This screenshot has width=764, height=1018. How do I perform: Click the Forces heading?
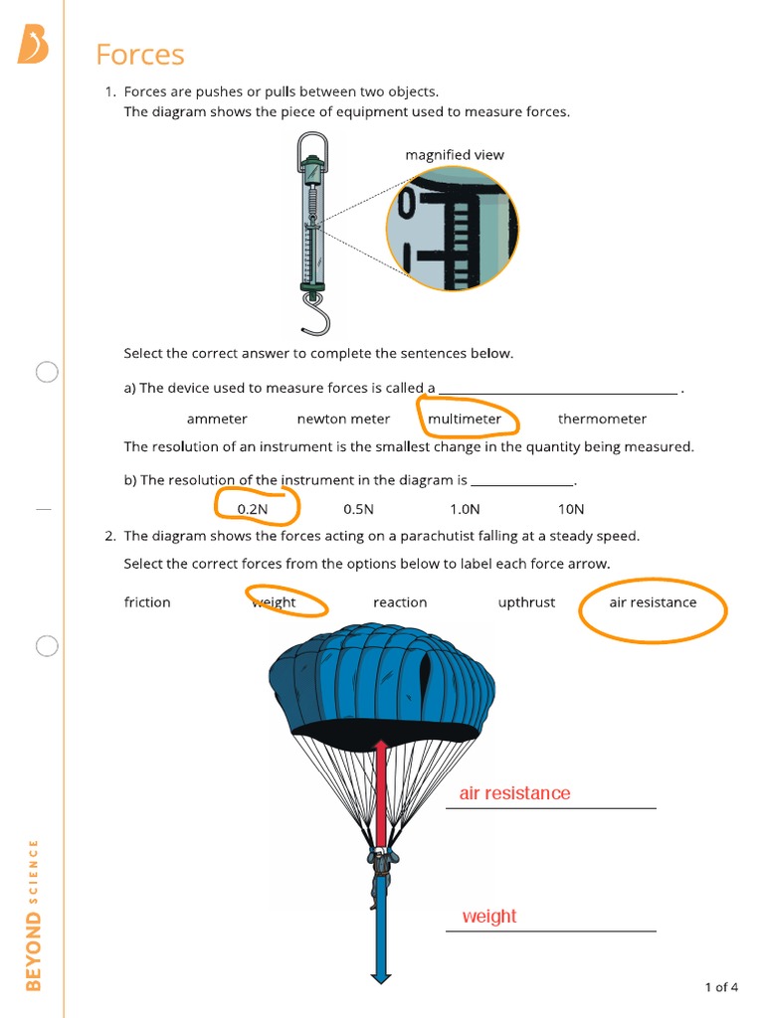pyautogui.click(x=140, y=55)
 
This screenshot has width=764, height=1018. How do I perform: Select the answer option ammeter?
pyautogui.click(x=217, y=420)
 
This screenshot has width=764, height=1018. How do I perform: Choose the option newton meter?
pyautogui.click(x=343, y=420)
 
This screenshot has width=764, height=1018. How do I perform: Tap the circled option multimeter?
pyautogui.click(x=465, y=420)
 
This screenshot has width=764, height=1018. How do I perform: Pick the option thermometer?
pyautogui.click(x=602, y=420)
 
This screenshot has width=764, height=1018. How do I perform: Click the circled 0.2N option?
pyautogui.click(x=253, y=509)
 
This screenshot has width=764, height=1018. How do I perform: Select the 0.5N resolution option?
pyautogui.click(x=358, y=509)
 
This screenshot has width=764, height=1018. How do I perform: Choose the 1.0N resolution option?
pyautogui.click(x=465, y=509)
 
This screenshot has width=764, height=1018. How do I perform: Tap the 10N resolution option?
pyautogui.click(x=571, y=509)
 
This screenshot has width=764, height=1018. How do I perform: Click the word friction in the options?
pyautogui.click(x=147, y=602)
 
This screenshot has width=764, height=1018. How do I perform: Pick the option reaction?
pyautogui.click(x=400, y=602)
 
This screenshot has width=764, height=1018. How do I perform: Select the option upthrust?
pyautogui.click(x=526, y=602)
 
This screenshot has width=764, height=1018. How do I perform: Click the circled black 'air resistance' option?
pyautogui.click(x=653, y=602)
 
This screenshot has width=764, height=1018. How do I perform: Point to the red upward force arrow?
pyautogui.click(x=380, y=795)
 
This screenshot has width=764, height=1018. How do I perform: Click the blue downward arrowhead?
pyautogui.click(x=380, y=976)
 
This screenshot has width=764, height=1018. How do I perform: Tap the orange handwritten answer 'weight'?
pyautogui.click(x=489, y=917)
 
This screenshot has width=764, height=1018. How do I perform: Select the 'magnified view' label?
pyautogui.click(x=455, y=155)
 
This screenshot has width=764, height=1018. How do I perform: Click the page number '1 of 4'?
pyautogui.click(x=721, y=987)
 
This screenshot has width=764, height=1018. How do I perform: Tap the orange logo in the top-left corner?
pyautogui.click(x=32, y=44)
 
